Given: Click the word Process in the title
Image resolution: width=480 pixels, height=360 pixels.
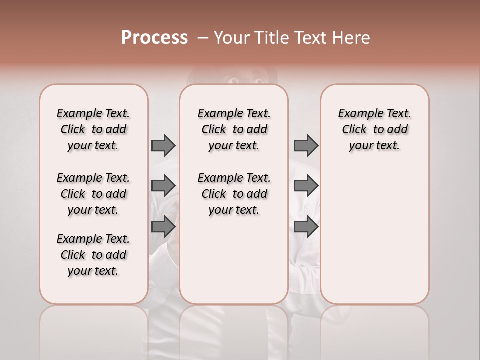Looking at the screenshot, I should tap(154, 38).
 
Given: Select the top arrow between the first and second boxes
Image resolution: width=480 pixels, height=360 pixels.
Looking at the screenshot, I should tap(163, 145).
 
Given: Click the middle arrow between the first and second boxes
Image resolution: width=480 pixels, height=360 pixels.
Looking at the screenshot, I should tap(163, 186).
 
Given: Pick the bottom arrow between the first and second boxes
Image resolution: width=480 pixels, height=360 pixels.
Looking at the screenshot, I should tap(163, 226).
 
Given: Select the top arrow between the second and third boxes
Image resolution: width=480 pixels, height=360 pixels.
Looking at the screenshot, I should tap(306, 145).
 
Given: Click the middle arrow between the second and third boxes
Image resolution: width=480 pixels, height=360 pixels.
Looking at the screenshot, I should tap(306, 186).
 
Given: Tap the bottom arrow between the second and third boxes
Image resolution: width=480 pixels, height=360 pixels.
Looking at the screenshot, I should tap(306, 226).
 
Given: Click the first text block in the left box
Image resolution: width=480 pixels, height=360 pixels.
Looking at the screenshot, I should tap(93, 129).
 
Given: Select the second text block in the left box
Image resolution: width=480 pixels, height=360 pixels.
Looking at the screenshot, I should tap(93, 194).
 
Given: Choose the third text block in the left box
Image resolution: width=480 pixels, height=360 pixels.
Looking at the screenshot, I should tap(93, 255).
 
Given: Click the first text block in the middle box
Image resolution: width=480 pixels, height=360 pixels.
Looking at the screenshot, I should tap(234, 129).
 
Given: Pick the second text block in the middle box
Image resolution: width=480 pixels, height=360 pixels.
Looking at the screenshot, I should tap(234, 194).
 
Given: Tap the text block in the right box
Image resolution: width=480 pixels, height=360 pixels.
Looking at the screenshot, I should tap(374, 129).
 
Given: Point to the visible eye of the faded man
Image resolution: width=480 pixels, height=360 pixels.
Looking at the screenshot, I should tap(233, 79).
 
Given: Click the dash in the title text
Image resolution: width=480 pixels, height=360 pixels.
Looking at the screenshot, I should tap(202, 38).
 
